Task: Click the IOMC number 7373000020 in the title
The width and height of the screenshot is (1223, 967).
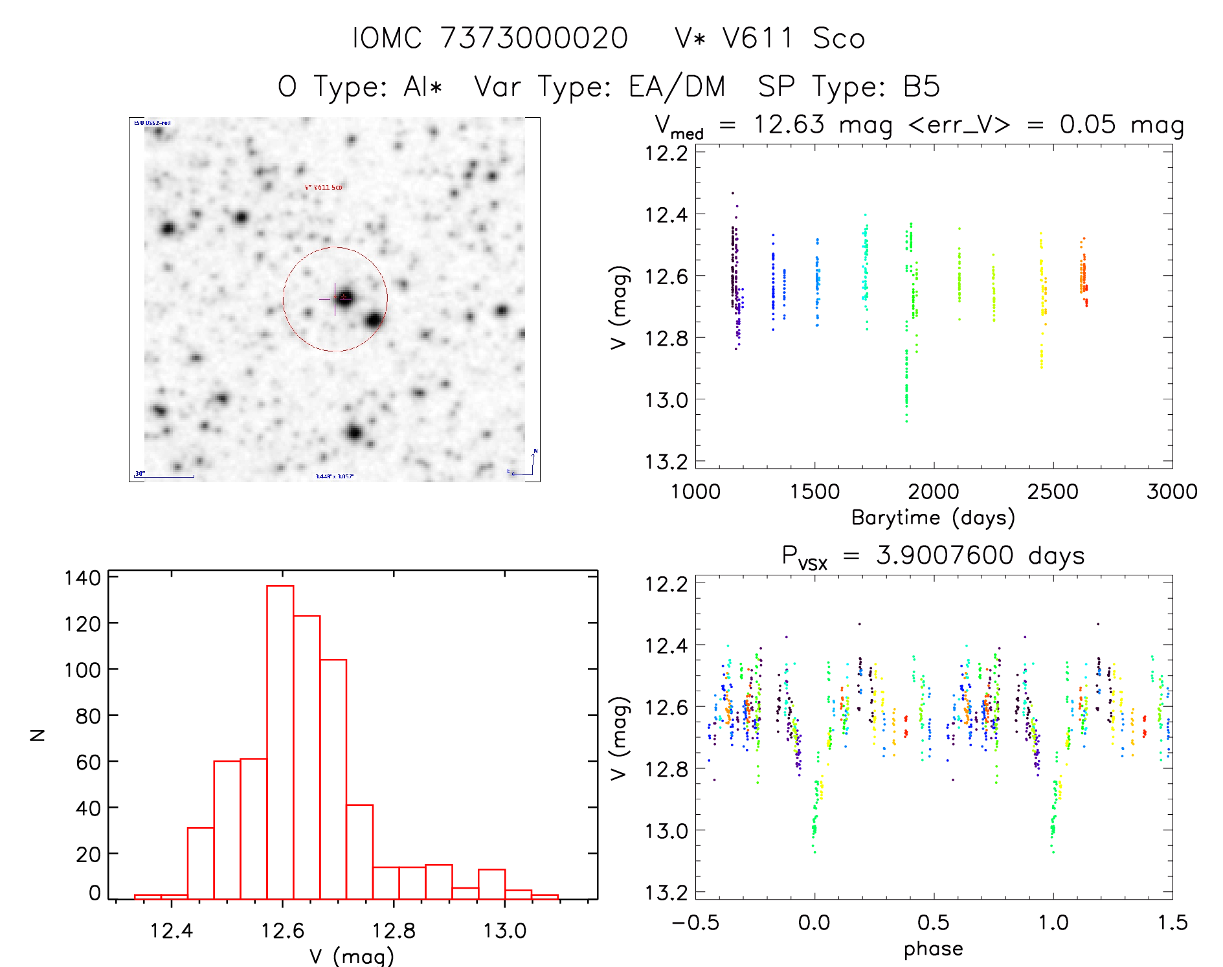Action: [x=534, y=38]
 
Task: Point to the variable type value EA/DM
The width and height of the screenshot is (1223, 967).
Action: [x=677, y=87]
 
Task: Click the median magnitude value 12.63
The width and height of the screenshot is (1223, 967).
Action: [x=789, y=124]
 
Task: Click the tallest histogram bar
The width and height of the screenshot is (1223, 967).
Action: [x=280, y=742]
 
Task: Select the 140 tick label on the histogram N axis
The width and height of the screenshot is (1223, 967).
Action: [x=82, y=577]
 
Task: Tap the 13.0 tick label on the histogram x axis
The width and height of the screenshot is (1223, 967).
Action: [x=504, y=931]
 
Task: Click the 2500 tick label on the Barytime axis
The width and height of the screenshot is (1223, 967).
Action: [x=1053, y=491]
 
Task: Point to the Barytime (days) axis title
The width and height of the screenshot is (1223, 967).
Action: [x=933, y=518]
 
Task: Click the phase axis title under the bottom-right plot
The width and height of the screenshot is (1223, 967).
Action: [x=933, y=949]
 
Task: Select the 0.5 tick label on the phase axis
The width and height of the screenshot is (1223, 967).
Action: [x=934, y=922]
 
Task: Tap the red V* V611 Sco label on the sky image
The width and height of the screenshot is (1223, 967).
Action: [x=324, y=187]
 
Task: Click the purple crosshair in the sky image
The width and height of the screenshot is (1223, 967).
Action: [x=334, y=298]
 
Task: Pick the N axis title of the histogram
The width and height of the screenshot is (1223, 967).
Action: [x=38, y=735]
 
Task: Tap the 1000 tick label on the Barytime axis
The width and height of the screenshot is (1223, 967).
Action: [x=695, y=491]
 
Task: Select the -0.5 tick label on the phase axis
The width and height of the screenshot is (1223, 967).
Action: [x=695, y=922]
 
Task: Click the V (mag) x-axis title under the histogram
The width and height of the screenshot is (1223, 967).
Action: [x=352, y=956]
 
